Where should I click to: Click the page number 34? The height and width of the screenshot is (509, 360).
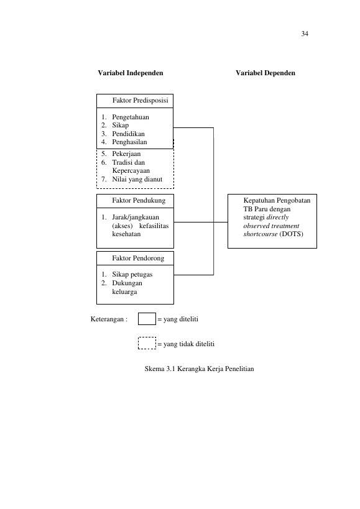(305, 34)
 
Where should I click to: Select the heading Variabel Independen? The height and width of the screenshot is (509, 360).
(131, 73)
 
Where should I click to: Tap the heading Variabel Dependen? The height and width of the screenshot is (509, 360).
(265, 73)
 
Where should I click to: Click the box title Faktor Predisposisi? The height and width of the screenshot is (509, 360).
(141, 100)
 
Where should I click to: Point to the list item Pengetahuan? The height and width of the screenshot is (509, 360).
(131, 117)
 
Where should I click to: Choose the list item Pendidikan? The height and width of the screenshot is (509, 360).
(128, 134)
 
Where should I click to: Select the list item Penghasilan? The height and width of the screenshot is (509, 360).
(129, 142)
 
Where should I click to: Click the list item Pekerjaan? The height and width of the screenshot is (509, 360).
(126, 154)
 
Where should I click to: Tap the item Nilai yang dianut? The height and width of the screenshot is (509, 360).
(137, 179)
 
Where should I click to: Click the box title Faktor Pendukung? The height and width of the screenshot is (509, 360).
(139, 201)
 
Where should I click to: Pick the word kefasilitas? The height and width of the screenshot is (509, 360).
(154, 226)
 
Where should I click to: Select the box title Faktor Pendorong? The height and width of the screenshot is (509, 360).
(138, 259)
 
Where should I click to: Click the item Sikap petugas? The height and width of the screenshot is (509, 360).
(132, 275)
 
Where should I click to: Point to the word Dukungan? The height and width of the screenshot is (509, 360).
(127, 283)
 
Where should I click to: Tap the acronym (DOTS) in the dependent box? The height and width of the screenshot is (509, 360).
(291, 234)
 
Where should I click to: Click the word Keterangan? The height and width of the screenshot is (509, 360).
(107, 319)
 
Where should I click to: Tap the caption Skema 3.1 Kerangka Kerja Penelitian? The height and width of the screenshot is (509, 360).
(200, 369)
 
